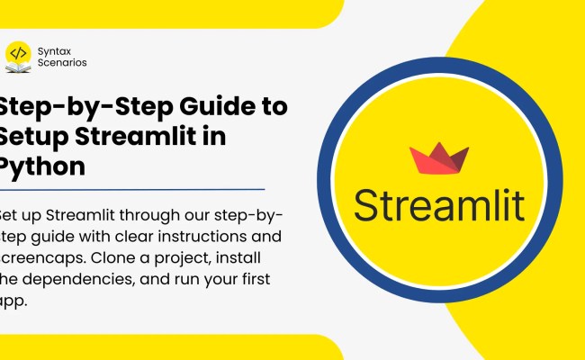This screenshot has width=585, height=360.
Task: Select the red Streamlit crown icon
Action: coord(438,158)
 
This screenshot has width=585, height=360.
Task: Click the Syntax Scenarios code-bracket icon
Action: coord(18,54)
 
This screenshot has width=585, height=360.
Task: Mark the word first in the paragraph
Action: coord(254,277)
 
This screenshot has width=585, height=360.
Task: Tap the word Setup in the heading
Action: coord(27,137)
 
